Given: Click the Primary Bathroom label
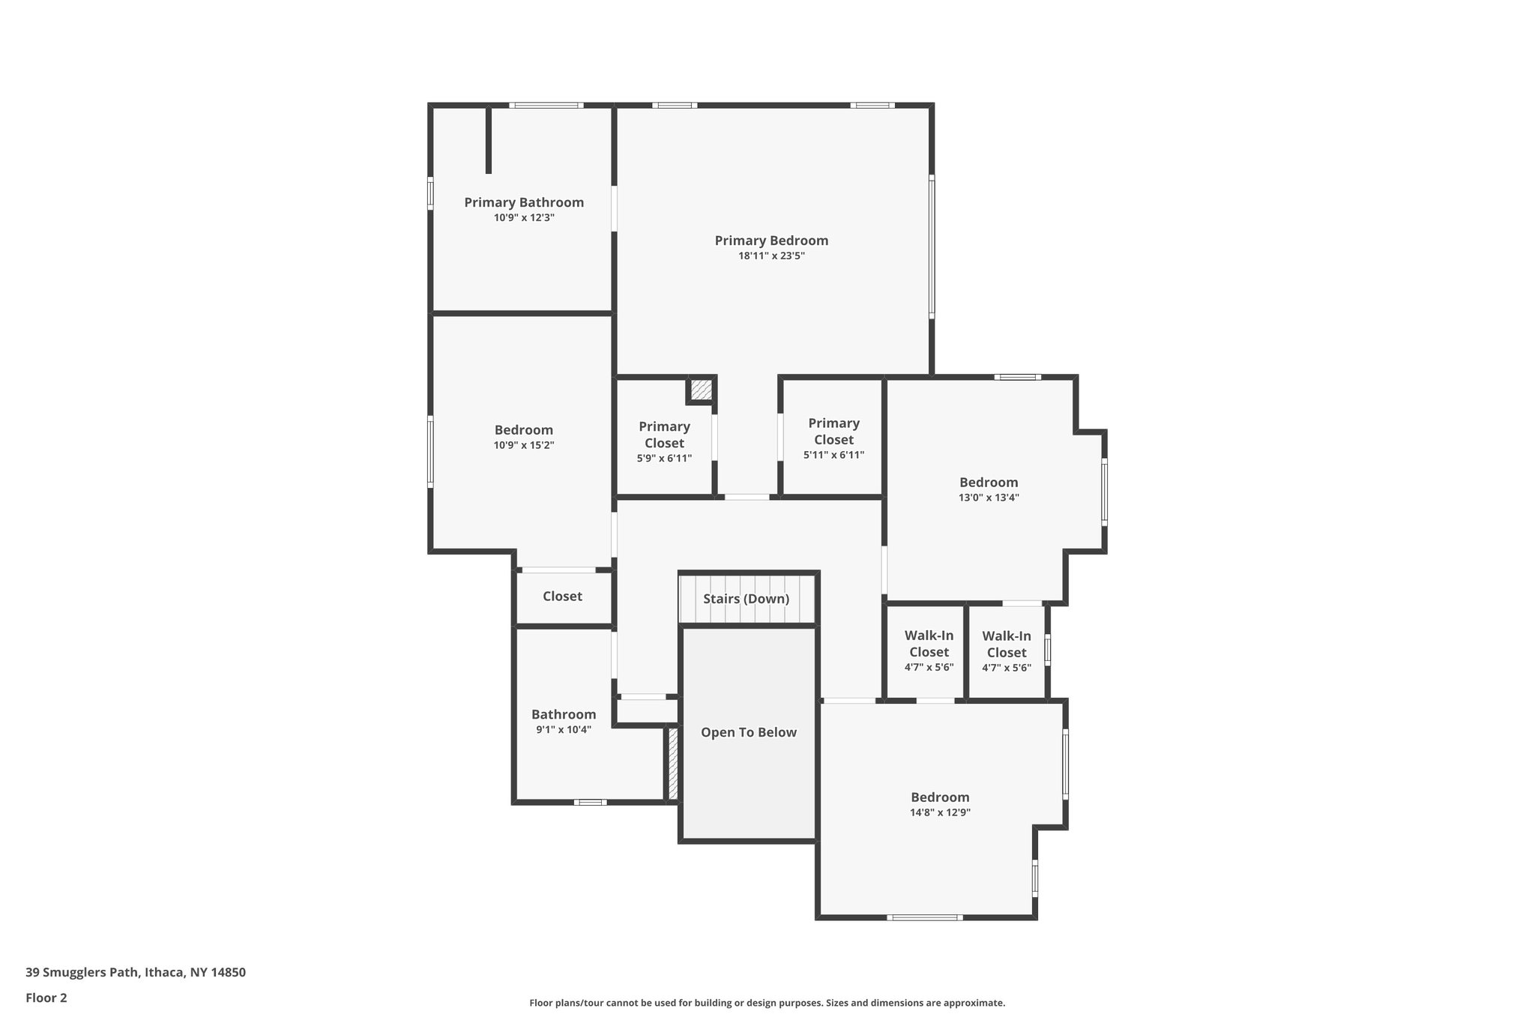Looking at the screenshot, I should (x=524, y=202).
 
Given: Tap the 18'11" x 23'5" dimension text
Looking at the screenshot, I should (x=771, y=256).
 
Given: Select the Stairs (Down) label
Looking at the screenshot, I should (x=746, y=599).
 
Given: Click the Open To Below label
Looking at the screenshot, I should (x=748, y=732).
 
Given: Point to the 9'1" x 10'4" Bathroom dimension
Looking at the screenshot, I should (x=564, y=729).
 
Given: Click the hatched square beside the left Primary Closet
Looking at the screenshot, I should (x=701, y=390).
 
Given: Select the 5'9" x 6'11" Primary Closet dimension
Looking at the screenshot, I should (x=664, y=458).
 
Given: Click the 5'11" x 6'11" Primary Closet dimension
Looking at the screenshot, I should (x=833, y=455).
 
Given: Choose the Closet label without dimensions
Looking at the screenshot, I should (x=562, y=597).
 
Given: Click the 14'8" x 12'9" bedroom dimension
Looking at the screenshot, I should (x=940, y=812).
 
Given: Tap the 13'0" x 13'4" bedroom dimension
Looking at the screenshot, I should (x=989, y=498).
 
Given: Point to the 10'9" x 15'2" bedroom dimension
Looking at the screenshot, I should (x=524, y=445).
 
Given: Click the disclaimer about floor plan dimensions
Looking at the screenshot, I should (x=767, y=1003).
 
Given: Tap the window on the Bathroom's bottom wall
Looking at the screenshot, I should (x=590, y=802).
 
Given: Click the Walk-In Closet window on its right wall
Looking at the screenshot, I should (x=1047, y=650).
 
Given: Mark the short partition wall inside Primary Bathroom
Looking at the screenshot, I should (x=489, y=141).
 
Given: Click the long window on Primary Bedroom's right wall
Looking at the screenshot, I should (x=932, y=247).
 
